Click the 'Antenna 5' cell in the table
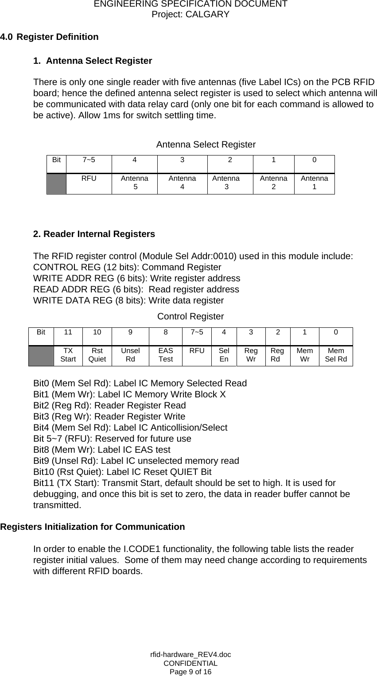(x=135, y=183)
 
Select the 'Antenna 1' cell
(x=314, y=183)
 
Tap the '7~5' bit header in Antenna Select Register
(x=89, y=160)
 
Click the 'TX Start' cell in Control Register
(x=68, y=355)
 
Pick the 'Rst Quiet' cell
(x=97, y=355)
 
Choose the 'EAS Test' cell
(x=166, y=355)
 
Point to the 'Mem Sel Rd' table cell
(x=336, y=355)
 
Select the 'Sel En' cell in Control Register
(x=224, y=355)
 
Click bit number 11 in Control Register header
(x=68, y=332)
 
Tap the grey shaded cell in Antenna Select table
(x=56, y=183)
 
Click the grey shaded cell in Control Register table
(x=41, y=355)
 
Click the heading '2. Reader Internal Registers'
(x=94, y=234)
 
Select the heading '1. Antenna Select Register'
(x=93, y=61)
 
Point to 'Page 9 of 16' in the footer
(x=190, y=672)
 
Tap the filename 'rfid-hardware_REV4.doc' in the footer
(x=190, y=654)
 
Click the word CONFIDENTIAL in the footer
(x=190, y=663)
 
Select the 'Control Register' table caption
(x=190, y=316)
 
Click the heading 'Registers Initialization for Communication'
(x=93, y=527)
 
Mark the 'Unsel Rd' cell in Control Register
(x=130, y=355)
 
